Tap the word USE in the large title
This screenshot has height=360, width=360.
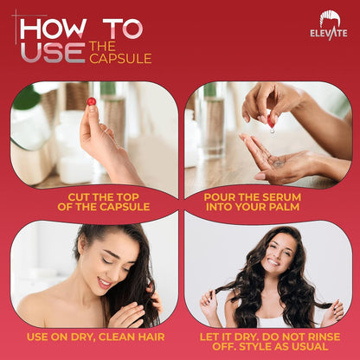click(52, 53)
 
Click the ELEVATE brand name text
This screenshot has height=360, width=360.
click(329, 34)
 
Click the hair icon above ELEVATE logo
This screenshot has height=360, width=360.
click(330, 19)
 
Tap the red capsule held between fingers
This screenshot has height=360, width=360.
click(90, 102)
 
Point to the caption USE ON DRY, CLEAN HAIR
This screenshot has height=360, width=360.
click(95, 336)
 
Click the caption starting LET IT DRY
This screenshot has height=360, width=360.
click(268, 336)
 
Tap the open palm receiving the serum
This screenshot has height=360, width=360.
click(286, 163)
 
